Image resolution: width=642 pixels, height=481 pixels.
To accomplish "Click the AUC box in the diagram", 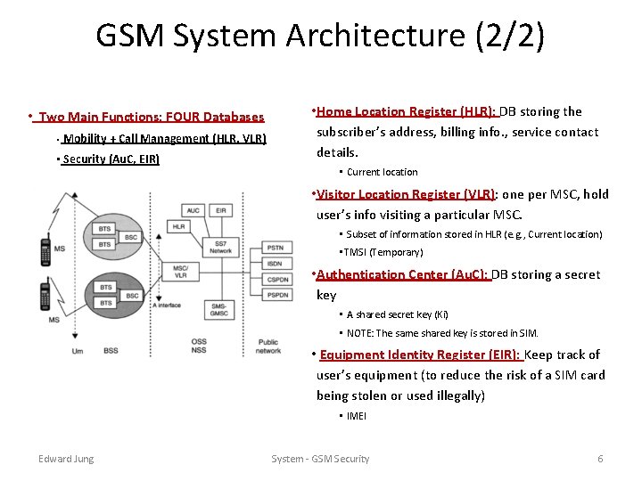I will pos(193,210).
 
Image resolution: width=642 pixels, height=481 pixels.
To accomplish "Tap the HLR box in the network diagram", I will pos(179,227).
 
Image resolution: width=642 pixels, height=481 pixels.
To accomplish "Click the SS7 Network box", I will pos(220,247).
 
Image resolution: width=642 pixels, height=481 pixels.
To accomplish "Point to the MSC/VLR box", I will pos(181,272).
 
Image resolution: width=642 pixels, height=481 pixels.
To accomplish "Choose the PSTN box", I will pos(275,248).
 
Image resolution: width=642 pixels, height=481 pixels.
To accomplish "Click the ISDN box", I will pos(275,264).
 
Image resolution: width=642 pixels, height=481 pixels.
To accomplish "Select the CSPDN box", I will pos(275,279).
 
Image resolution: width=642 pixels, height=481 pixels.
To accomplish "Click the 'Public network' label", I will pos(267,346).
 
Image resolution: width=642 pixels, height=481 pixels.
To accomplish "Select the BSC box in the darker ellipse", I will pos(132,295).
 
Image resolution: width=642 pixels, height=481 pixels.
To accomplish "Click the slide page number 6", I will pos(600,459).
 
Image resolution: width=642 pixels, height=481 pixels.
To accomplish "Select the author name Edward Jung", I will pos(66,459).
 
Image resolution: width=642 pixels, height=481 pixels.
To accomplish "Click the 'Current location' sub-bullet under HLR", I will pos(382,172).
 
